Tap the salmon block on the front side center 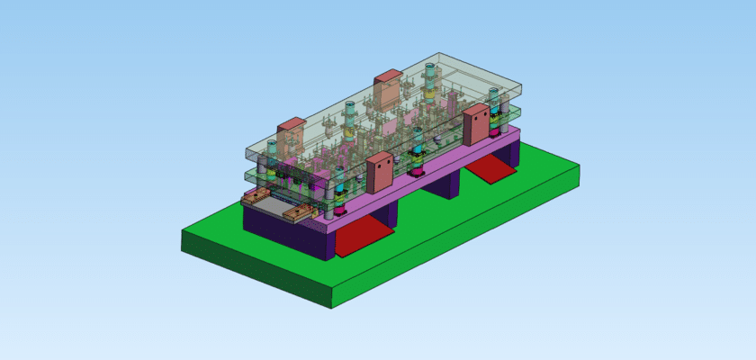380,172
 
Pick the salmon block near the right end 476,124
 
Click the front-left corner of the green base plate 184,241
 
